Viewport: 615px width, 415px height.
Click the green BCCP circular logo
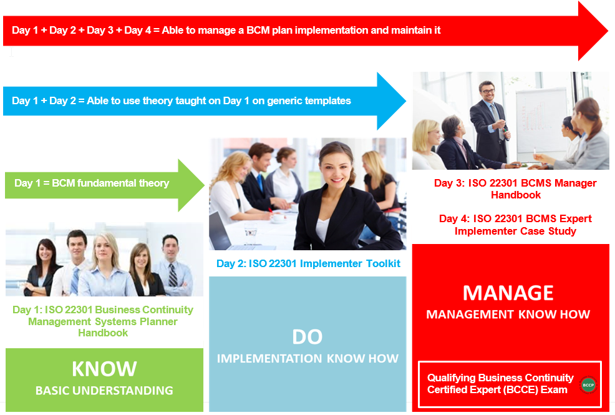click(588, 384)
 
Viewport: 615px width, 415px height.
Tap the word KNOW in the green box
click(104, 369)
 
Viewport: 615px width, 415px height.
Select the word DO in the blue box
click(307, 337)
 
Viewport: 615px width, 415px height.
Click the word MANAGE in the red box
click(508, 293)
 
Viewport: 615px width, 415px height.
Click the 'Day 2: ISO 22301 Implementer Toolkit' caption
click(307, 263)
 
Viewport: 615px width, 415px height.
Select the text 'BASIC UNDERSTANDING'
click(104, 391)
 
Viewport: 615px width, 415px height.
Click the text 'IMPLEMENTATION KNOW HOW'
click(307, 358)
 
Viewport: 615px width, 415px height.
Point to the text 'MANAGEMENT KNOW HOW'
click(508, 315)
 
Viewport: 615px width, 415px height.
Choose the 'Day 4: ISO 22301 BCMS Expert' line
click(515, 218)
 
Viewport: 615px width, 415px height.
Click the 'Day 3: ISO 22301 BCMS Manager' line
click(515, 183)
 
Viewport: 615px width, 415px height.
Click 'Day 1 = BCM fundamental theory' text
click(92, 183)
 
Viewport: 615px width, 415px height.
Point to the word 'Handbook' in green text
click(103, 333)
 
